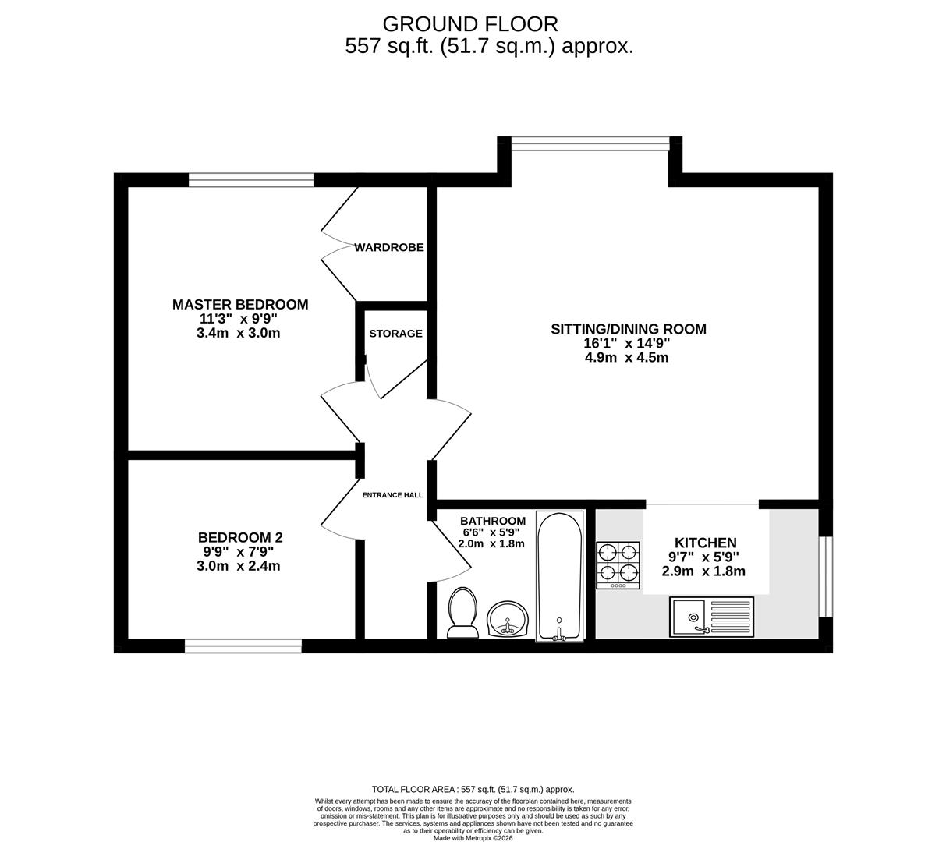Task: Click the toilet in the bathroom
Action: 462,611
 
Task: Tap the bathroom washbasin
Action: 508,620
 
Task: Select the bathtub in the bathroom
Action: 559,575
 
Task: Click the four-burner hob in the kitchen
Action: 618,565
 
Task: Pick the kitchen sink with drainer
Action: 711,617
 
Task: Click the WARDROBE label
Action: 389,247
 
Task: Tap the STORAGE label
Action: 395,333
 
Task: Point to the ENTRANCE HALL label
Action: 392,494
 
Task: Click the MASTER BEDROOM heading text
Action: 240,304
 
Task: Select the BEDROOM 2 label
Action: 240,537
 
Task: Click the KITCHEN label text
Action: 705,543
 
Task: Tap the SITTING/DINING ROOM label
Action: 629,329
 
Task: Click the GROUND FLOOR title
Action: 470,24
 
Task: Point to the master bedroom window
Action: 250,180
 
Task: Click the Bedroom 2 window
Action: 243,646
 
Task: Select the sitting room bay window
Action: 590,143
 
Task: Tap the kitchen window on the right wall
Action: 825,576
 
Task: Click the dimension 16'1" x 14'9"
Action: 628,344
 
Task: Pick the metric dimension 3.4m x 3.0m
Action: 239,333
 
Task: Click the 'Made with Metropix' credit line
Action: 473,838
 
